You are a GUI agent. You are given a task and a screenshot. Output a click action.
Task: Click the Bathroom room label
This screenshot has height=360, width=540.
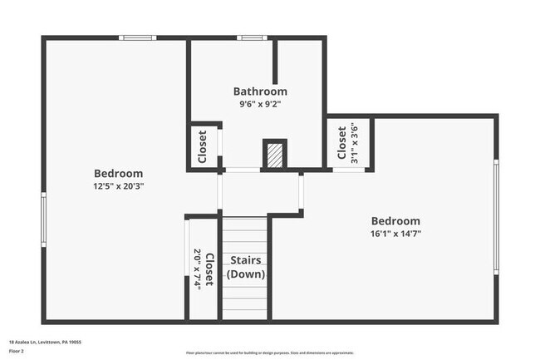click(260, 91)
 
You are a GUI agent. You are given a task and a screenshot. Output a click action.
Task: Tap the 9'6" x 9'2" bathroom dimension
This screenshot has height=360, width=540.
click(260, 105)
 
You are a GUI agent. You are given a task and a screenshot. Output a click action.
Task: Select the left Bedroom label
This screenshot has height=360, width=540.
click(118, 173)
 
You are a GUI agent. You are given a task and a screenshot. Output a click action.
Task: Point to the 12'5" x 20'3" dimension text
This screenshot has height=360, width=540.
click(118, 185)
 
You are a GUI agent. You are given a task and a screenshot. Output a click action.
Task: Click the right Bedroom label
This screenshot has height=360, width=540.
click(395, 221)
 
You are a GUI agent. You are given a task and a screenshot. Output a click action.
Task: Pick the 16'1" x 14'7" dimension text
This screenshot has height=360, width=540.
click(395, 234)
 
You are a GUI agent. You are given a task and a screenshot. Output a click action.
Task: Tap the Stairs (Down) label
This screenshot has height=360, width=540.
click(246, 267)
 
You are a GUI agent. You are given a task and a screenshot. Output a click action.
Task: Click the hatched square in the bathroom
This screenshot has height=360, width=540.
click(274, 154)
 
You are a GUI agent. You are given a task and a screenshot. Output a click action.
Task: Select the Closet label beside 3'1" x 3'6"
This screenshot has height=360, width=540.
click(342, 142)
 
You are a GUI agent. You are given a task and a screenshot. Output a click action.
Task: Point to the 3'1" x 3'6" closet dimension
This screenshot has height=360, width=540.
click(354, 142)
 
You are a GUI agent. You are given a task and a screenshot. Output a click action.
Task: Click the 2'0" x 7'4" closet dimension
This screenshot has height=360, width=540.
click(198, 269)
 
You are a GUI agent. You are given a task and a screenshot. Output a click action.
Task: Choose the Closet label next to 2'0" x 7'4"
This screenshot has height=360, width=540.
click(210, 269)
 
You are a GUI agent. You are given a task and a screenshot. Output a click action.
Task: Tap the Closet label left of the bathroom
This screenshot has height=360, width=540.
click(203, 146)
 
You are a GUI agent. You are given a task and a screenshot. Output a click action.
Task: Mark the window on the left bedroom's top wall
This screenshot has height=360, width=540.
click(137, 37)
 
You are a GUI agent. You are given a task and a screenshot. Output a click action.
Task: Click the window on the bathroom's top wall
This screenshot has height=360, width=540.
click(252, 37)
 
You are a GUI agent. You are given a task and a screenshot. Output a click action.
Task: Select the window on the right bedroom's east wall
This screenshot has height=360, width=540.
click(496, 216)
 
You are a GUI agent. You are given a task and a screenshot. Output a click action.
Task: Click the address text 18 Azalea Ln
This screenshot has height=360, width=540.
click(45, 342)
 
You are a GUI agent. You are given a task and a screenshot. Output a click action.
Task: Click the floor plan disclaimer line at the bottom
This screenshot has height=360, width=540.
click(269, 353)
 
